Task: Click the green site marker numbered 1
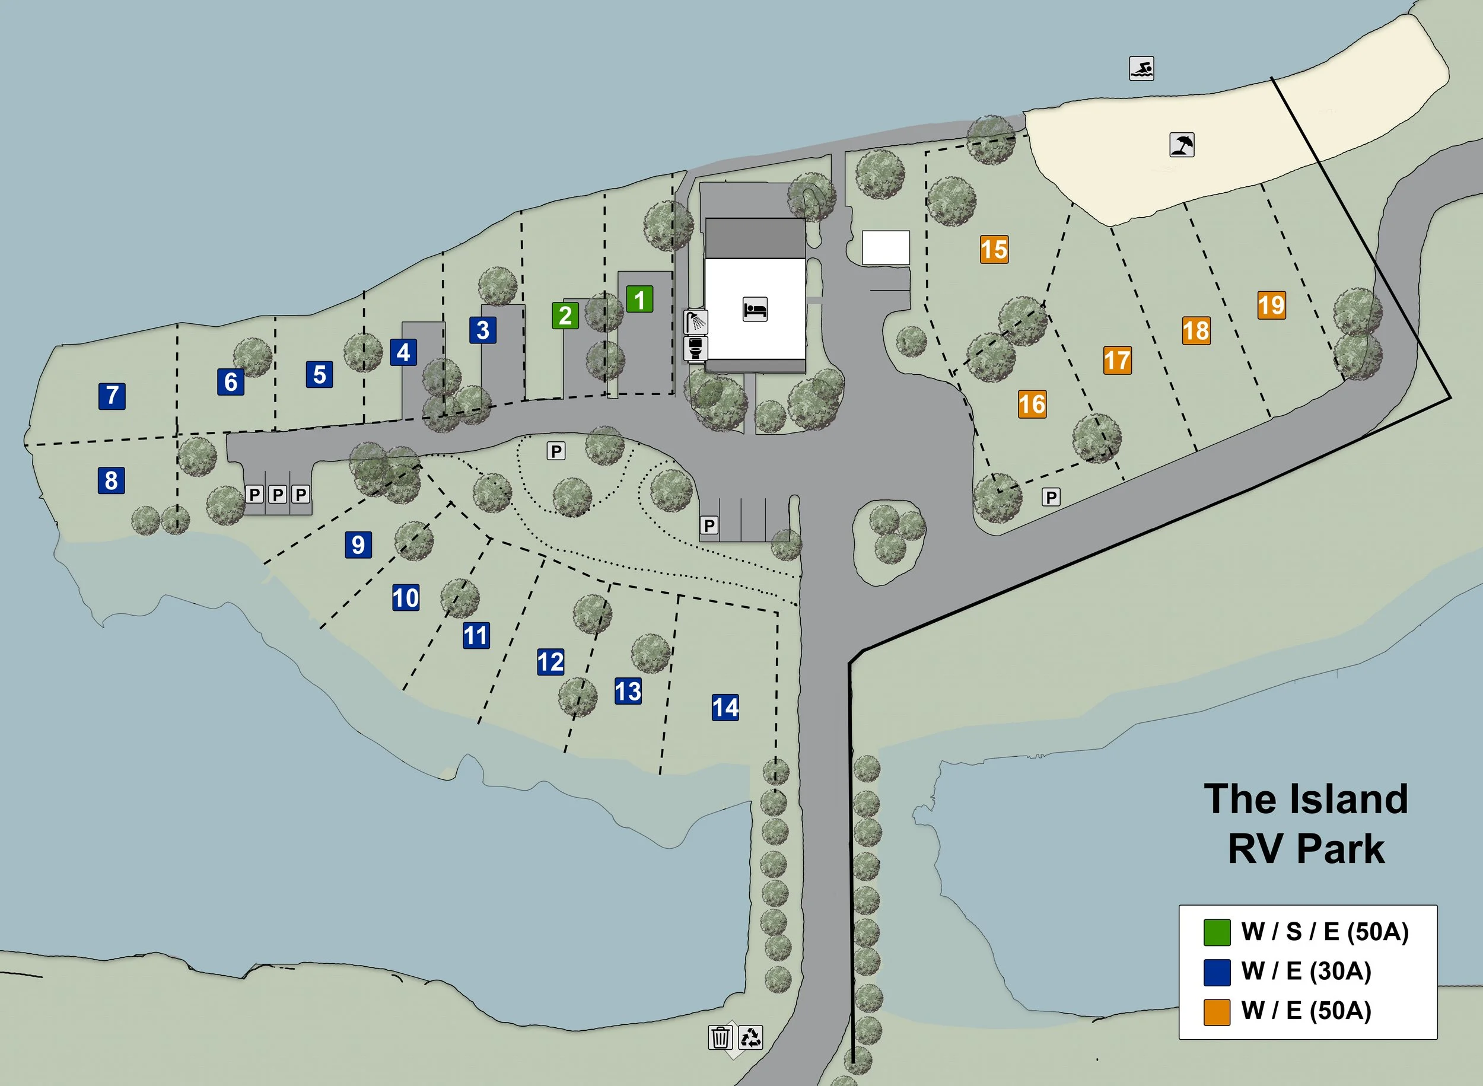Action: [x=639, y=300]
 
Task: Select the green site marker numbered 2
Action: [x=565, y=316]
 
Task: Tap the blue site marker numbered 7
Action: [x=112, y=396]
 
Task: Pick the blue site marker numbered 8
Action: [x=111, y=480]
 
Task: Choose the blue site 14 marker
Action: [x=725, y=708]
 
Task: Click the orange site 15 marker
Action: [x=994, y=250]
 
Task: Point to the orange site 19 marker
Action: [x=1271, y=305]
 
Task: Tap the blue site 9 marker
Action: [x=358, y=545]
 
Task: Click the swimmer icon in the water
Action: [x=1142, y=68]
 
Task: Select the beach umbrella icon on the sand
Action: [x=1182, y=145]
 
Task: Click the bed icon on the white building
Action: [x=755, y=309]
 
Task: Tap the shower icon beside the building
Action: [x=695, y=322]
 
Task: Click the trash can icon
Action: [x=721, y=1037]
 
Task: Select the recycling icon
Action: [x=750, y=1037]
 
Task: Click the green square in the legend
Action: [x=1216, y=932]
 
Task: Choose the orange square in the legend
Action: [x=1216, y=1012]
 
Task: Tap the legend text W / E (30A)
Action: [x=1306, y=972]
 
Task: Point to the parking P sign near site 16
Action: [x=1051, y=497]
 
